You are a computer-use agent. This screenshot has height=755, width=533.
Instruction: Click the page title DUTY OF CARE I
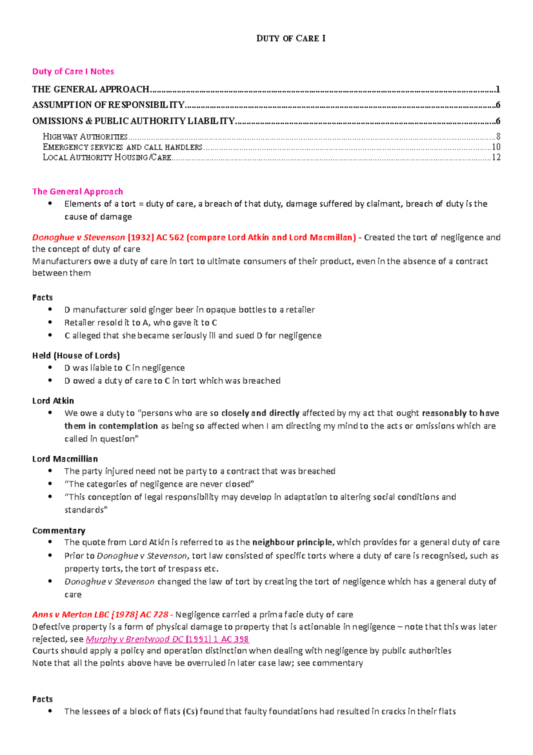pyautogui.click(x=291, y=39)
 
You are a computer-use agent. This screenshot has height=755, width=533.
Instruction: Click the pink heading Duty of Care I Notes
pyautogui.click(x=73, y=72)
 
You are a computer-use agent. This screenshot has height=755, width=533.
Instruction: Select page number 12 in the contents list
pyautogui.click(x=496, y=157)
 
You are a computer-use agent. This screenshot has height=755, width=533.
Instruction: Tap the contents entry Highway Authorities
pyautogui.click(x=85, y=137)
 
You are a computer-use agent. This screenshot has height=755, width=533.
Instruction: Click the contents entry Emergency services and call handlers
pyautogui.click(x=123, y=147)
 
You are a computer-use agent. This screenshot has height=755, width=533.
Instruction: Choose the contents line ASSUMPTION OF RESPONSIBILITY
pyautogui.click(x=108, y=105)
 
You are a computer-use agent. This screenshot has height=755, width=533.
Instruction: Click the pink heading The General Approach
pyautogui.click(x=77, y=192)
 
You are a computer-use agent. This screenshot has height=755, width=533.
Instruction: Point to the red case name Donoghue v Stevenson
pyautogui.click(x=78, y=237)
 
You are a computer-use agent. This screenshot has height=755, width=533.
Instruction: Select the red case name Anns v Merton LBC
pyautogui.click(x=70, y=615)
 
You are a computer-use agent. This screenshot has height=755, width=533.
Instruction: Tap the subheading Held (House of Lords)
pyautogui.click(x=76, y=356)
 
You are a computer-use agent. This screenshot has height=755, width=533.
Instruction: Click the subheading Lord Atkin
pyautogui.click(x=53, y=401)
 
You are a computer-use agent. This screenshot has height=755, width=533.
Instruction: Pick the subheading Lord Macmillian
pyautogui.click(x=65, y=459)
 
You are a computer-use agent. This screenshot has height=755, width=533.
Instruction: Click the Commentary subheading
pyautogui.click(x=59, y=531)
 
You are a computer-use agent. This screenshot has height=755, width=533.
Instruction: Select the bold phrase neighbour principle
pyautogui.click(x=292, y=542)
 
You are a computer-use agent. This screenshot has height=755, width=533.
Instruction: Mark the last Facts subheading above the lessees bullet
pyautogui.click(x=42, y=699)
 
